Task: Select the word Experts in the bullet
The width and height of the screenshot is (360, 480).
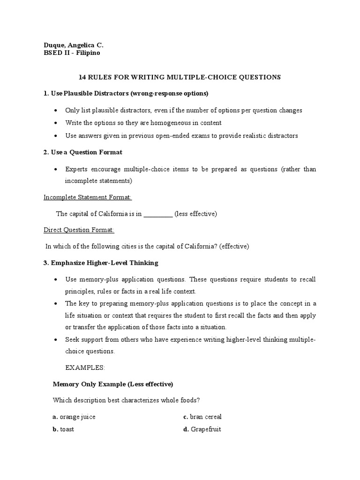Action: pos(76,169)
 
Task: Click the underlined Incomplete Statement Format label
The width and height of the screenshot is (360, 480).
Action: pos(88,197)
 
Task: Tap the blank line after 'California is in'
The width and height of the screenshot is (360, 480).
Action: pos(158,214)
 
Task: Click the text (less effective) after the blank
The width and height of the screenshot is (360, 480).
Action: pos(195,214)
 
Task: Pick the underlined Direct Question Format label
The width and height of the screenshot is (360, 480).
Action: pos(79,230)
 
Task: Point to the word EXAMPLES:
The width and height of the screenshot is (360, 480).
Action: pos(85,368)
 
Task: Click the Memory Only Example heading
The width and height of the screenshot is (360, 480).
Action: pos(113,384)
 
